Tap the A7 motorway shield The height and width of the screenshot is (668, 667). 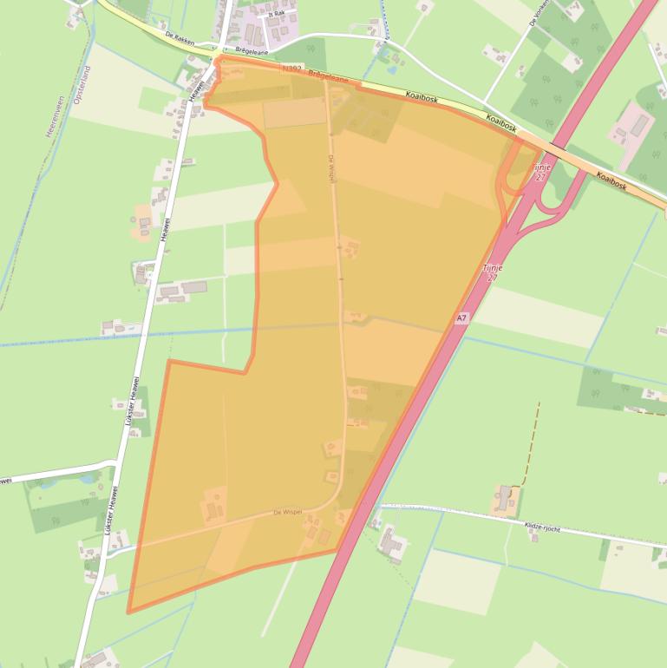[461, 318]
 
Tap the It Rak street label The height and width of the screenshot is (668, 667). [276, 13]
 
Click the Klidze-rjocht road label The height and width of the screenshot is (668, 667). [544, 526]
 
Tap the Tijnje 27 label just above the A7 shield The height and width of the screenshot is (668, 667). [491, 273]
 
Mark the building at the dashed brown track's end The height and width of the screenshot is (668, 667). [503, 498]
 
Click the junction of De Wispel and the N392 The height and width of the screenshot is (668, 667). [326, 79]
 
